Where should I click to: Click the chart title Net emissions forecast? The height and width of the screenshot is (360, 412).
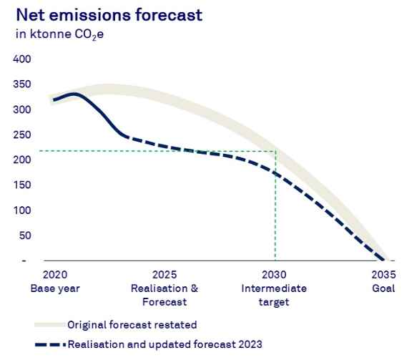[x=109, y=15]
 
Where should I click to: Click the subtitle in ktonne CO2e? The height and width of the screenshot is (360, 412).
[x=59, y=34]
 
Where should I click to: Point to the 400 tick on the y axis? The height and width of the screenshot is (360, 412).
[x=22, y=59]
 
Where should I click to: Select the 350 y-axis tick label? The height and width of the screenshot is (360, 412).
[x=22, y=84]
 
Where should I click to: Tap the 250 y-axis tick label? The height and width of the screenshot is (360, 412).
[x=22, y=135]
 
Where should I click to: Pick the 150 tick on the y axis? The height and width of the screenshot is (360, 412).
[x=22, y=185]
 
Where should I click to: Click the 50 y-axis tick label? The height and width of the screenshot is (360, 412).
[x=25, y=235]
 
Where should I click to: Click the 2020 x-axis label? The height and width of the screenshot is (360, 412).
[x=55, y=275]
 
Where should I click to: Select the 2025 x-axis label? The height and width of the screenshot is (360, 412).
[x=165, y=275]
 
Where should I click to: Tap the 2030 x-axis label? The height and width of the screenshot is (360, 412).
[x=274, y=275]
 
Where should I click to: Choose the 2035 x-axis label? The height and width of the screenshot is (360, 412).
[x=383, y=275]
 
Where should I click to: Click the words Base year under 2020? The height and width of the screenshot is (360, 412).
[x=55, y=288]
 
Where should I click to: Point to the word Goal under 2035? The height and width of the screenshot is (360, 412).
[x=383, y=288]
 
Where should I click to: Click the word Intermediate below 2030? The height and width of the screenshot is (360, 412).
[x=274, y=288]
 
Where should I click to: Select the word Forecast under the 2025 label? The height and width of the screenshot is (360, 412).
[x=165, y=302]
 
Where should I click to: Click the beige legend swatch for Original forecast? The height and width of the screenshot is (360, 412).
[x=49, y=325]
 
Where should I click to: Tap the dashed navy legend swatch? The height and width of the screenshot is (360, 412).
[x=50, y=344]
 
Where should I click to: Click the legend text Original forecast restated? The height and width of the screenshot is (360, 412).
[x=132, y=325]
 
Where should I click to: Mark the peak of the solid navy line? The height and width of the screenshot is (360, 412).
[x=75, y=94]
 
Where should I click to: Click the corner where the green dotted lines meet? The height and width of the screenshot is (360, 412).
[x=275, y=151]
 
